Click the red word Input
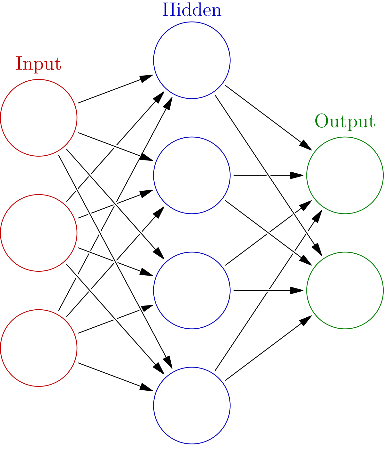(38, 64)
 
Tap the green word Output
(345, 122)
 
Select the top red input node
(39, 118)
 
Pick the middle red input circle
(39, 233)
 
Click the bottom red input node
(39, 348)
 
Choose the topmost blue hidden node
(192, 60)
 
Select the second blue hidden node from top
(192, 175)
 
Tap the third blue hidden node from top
(192, 290)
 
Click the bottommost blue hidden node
(192, 405)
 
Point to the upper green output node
(345, 175)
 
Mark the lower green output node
(345, 290)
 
